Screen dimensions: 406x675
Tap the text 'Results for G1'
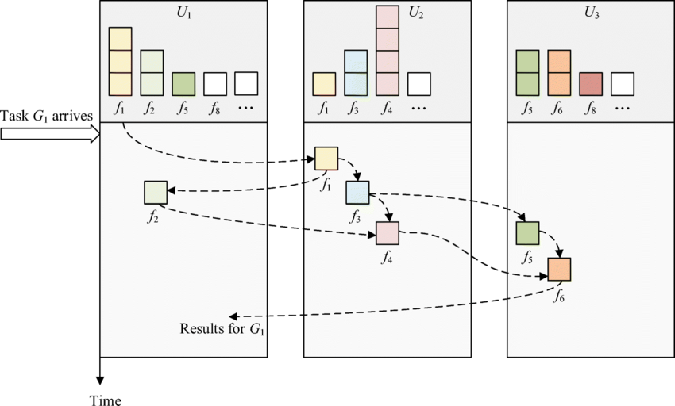coord(222,328)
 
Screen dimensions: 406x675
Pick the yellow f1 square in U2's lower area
coord(326,159)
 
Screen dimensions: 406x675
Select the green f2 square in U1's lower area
coord(156,193)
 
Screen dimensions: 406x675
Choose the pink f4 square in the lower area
coord(388,233)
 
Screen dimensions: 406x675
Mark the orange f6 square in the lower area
coord(559,270)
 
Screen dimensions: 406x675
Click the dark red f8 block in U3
coord(591,84)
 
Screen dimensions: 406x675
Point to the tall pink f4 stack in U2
coord(388,50)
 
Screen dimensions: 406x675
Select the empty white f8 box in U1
coord(215,84)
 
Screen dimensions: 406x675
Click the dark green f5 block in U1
coord(183,84)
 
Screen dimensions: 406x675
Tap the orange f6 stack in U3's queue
coord(559,73)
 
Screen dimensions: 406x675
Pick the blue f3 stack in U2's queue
coord(356,73)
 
